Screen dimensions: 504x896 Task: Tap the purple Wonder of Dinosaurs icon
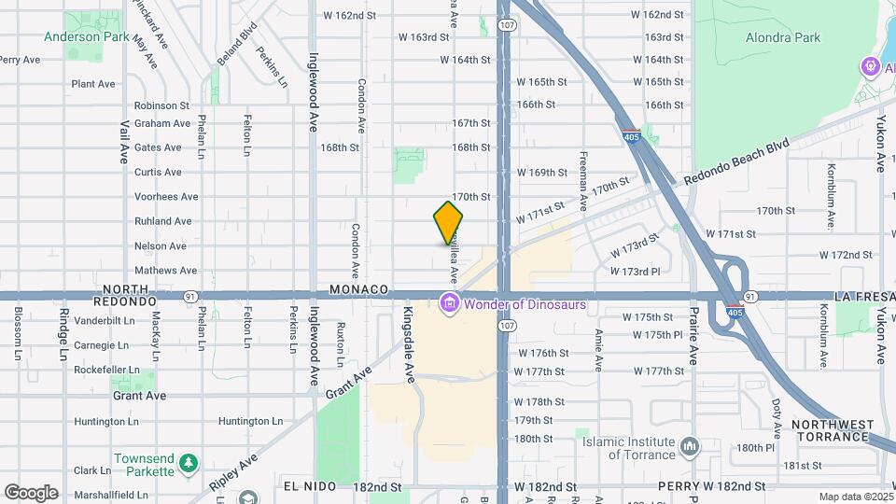[449, 303]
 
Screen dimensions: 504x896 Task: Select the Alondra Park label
[782, 37]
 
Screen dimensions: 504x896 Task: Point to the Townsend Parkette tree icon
[189, 463]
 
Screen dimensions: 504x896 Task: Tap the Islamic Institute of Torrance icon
[689, 447]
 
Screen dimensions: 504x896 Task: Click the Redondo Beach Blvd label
[736, 162]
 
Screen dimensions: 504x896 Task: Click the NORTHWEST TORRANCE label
[833, 430]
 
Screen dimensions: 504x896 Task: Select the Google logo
[31, 492]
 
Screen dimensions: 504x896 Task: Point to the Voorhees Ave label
[166, 197]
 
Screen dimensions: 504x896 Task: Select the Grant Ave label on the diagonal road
[349, 383]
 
